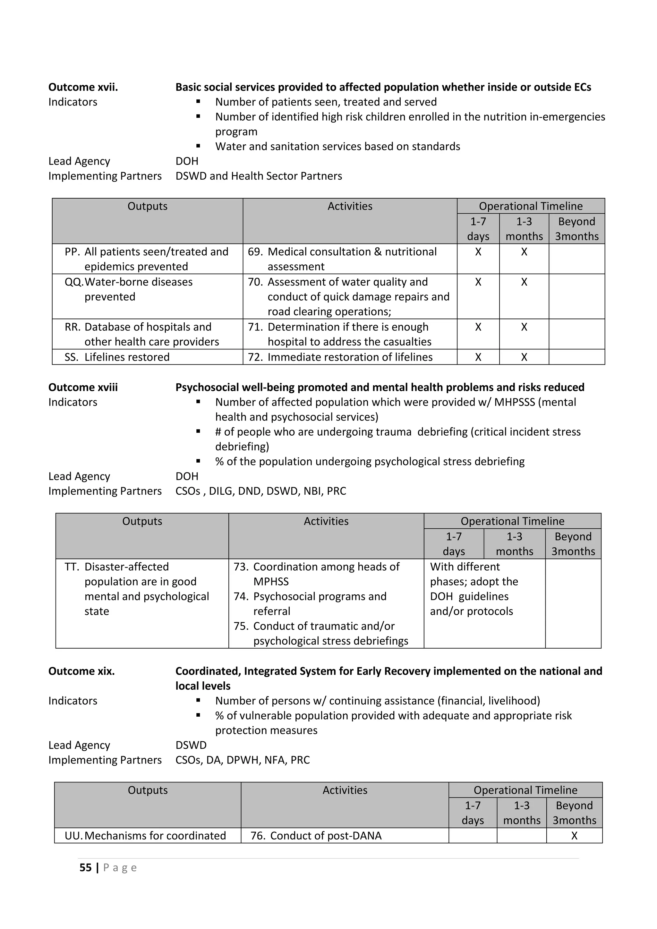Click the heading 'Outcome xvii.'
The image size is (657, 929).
[83, 87]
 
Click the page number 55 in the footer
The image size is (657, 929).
[85, 867]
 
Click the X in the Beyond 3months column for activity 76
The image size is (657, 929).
[574, 836]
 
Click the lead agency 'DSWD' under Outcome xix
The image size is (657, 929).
[191, 745]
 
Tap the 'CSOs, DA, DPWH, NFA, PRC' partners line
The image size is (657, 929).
[242, 760]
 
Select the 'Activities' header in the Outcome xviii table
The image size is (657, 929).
[326, 521]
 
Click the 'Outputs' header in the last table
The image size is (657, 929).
[148, 790]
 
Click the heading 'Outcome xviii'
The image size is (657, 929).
[83, 387]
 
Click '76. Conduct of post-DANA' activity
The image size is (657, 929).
[316, 836]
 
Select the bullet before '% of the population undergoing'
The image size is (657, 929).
[198, 461]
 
